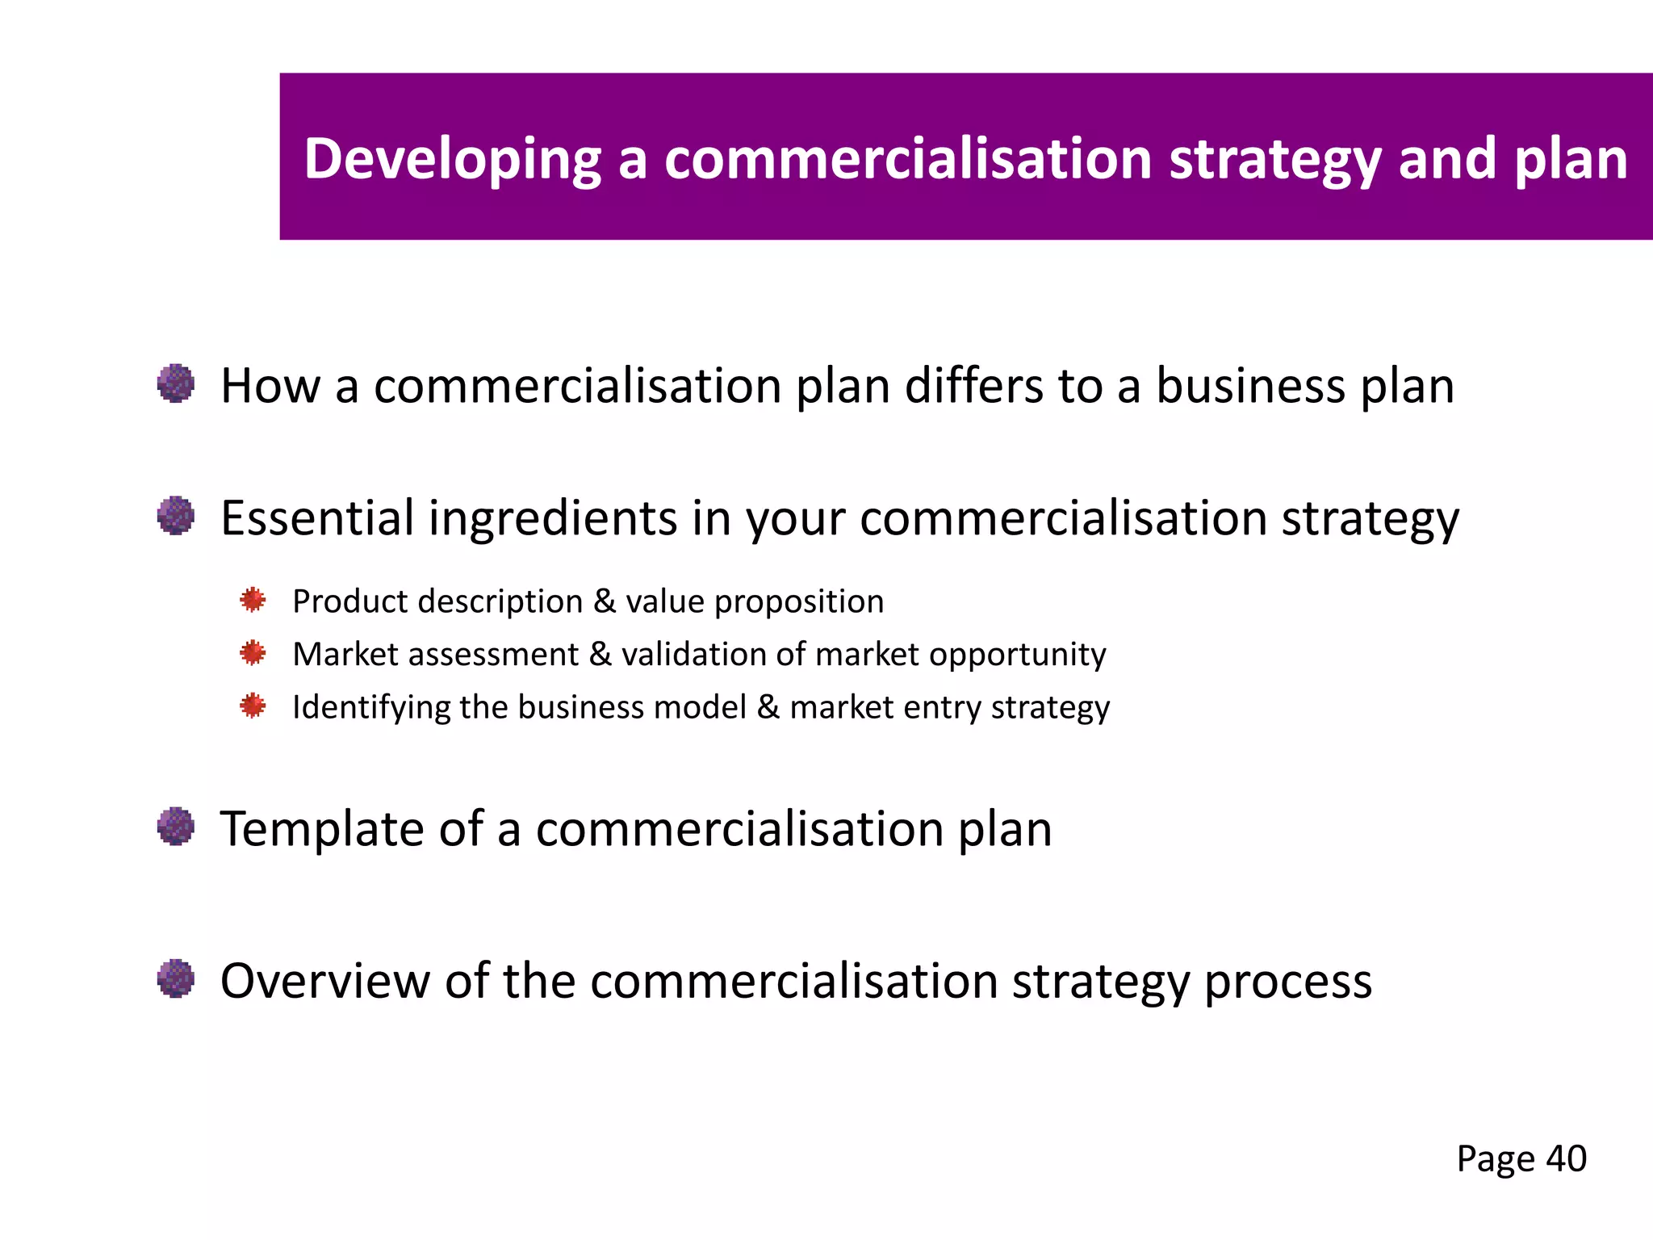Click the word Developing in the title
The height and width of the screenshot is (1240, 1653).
pos(452,159)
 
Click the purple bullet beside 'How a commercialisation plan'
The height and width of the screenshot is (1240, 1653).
pos(176,383)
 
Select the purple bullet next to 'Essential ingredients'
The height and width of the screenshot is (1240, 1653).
pos(176,516)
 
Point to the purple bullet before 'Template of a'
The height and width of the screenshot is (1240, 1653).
pos(176,827)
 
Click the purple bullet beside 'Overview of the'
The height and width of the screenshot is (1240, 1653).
pos(176,979)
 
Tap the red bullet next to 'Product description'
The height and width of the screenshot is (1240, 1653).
pos(253,600)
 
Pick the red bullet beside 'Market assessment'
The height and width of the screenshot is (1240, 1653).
pos(253,652)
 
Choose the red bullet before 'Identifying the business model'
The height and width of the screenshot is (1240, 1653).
pos(253,706)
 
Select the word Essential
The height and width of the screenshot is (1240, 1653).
pos(317,517)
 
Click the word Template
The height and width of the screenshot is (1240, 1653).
pos(322,830)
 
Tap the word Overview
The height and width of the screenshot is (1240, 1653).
pos(325,982)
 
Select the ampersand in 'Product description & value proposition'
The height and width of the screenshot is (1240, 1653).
pos(604,601)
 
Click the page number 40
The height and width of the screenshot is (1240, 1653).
pos(1566,1159)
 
